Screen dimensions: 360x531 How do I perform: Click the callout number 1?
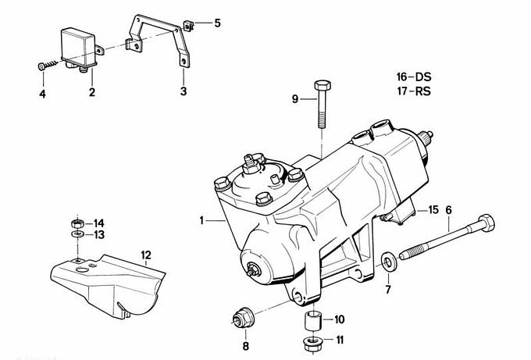[x=201, y=221]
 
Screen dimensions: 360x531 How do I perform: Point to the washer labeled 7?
[x=388, y=260]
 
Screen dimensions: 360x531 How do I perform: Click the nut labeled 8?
[x=241, y=319]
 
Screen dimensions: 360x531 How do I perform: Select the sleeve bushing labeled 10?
[x=313, y=320]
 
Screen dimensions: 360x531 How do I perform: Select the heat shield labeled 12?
[x=109, y=281]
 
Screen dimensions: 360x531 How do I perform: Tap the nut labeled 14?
[x=78, y=222]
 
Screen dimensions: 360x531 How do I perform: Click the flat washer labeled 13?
[x=78, y=234]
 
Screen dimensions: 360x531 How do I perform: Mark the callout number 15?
[x=434, y=210]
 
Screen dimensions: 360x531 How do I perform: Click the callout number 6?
[x=449, y=209]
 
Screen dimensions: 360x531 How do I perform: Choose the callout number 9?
[x=295, y=98]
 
